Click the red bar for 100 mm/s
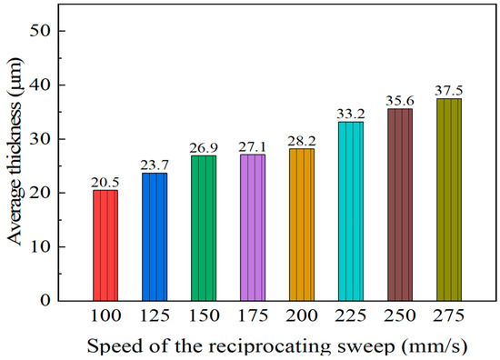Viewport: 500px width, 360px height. point(105,245)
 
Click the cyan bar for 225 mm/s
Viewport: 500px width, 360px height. point(351,211)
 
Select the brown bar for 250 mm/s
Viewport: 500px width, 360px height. point(400,205)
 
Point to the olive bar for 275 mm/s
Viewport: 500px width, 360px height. point(449,199)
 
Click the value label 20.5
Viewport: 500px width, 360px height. point(105,183)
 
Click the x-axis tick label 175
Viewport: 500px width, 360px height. point(253,316)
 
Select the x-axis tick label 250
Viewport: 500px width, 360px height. point(400,316)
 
